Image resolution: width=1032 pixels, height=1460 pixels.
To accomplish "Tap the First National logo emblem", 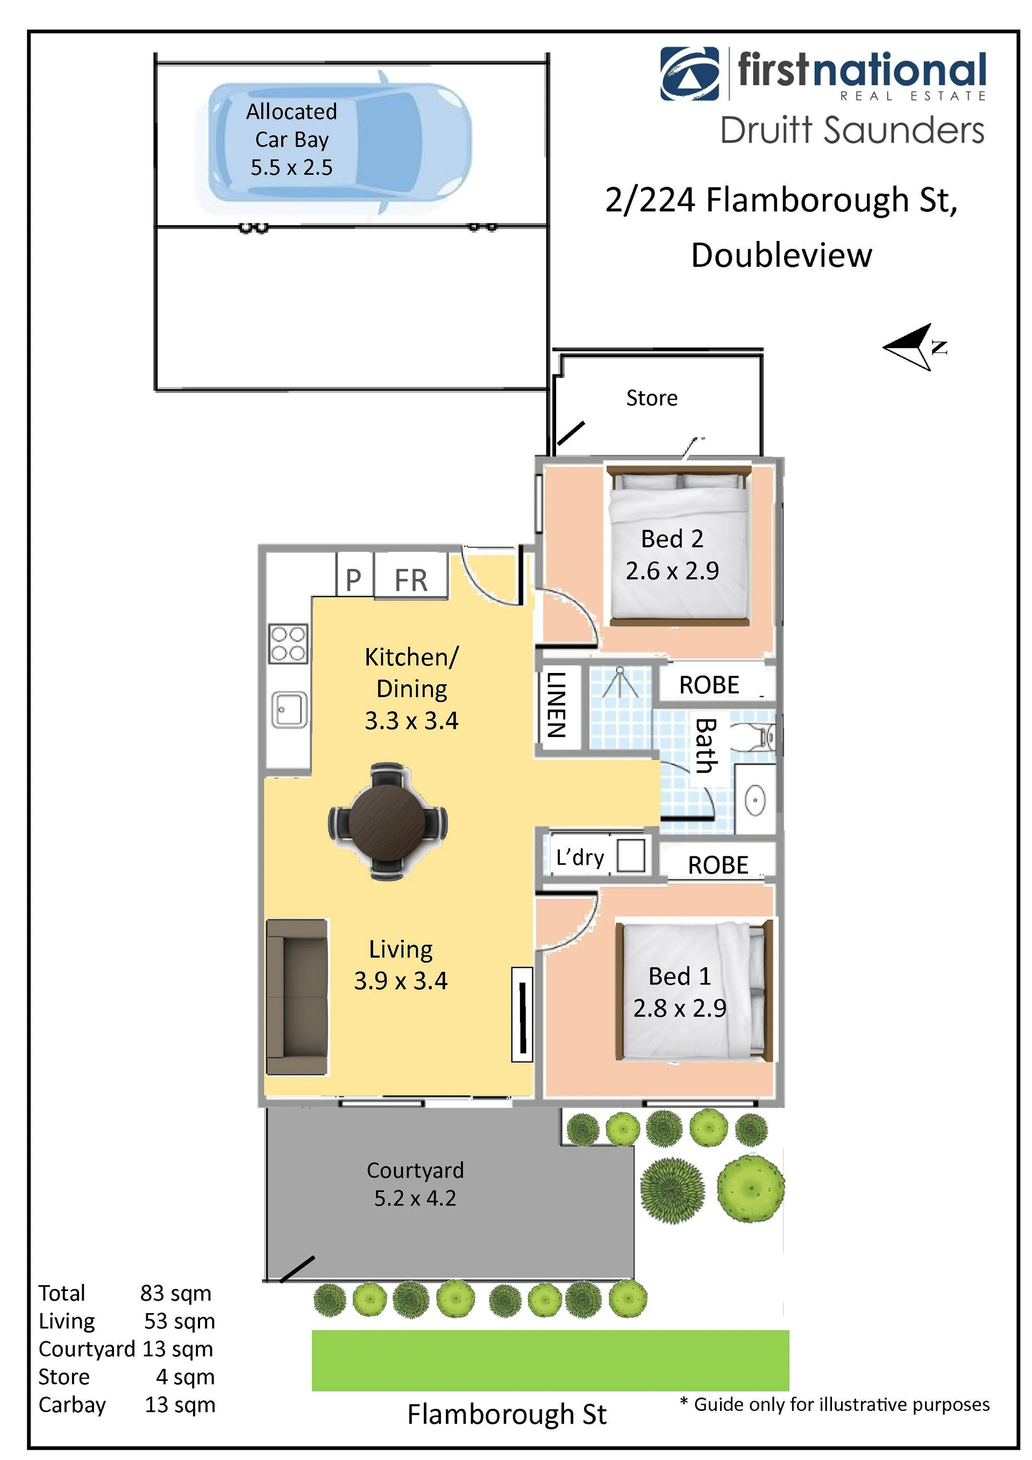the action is coord(690,74).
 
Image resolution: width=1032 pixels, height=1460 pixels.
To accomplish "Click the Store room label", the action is coord(652,398).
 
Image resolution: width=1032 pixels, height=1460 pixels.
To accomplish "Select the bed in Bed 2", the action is coord(679,545).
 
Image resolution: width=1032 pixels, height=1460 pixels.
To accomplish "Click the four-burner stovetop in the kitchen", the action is coord(288,643).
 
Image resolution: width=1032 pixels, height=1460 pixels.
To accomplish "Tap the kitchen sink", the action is coord(289,710).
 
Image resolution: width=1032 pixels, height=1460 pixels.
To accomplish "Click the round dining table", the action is coord(387,821).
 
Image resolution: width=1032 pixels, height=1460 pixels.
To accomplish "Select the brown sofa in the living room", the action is coord(297,997).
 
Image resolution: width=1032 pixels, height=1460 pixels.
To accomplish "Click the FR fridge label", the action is coord(411,580).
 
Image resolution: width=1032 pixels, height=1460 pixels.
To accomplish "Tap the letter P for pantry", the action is coord(353,580).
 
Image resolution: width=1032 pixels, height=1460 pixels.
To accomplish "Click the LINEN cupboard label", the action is coord(557,705).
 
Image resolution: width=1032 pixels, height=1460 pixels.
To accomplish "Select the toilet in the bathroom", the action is coord(755,738).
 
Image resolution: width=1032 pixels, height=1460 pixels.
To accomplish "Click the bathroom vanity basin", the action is coord(755,800).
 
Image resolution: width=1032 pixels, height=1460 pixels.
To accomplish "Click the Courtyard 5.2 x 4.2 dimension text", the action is coord(415,1198).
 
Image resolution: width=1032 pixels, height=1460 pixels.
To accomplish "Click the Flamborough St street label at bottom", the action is coord(507,1415).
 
